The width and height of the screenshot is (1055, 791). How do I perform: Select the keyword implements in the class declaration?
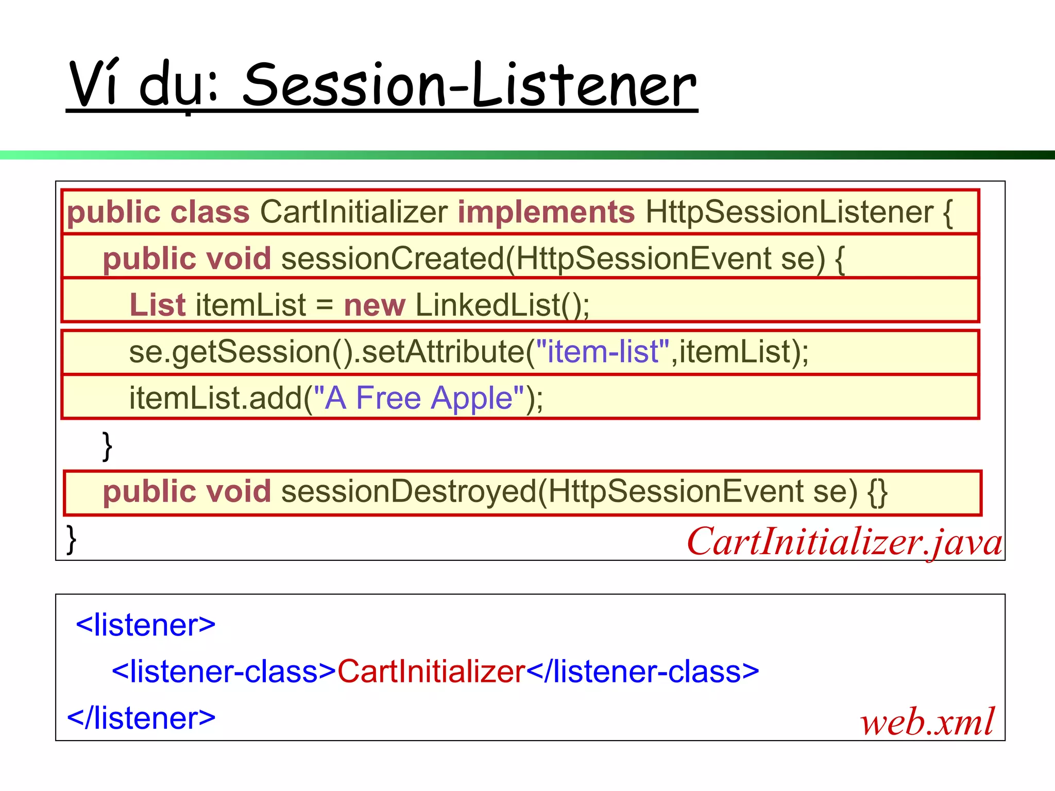(546, 212)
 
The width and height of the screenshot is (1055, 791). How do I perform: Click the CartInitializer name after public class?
(354, 212)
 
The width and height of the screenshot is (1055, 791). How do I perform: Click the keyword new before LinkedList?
(375, 305)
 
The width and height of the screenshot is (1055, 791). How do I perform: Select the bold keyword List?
(157, 305)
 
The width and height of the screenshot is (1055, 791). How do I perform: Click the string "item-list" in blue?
(603, 352)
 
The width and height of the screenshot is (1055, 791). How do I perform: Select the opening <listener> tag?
(145, 625)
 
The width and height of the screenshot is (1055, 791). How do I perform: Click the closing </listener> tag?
(141, 718)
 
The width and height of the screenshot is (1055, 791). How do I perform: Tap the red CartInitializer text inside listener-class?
(431, 672)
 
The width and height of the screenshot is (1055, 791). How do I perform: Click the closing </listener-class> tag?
(642, 672)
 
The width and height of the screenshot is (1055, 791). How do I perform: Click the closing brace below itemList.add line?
(107, 446)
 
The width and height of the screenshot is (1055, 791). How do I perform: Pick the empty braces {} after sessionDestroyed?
(877, 492)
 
